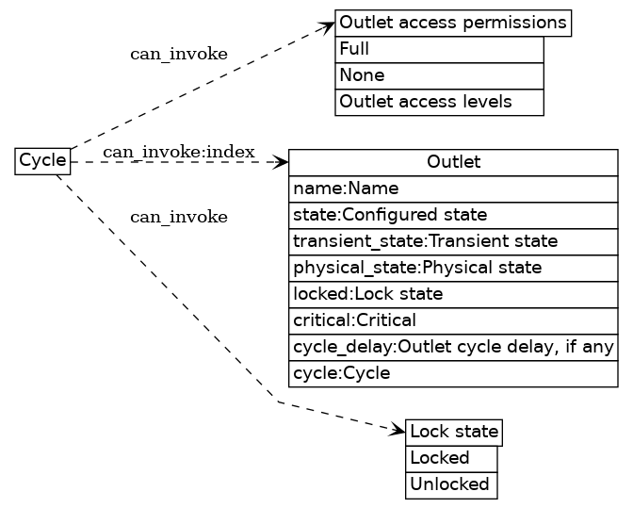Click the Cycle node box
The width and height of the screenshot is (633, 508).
pyautogui.click(x=42, y=161)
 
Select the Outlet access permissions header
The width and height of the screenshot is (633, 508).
pyautogui.click(x=452, y=23)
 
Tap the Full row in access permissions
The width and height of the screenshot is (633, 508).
pyautogui.click(x=439, y=49)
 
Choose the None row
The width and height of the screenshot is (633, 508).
pyautogui.click(x=439, y=75)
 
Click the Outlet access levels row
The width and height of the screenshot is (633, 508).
pyautogui.click(x=439, y=102)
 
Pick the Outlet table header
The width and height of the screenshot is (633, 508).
pyautogui.click(x=453, y=162)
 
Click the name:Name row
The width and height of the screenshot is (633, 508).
pyautogui.click(x=453, y=188)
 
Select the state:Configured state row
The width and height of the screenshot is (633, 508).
pyautogui.click(x=453, y=215)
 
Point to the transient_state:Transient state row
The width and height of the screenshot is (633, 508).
pyautogui.click(x=453, y=241)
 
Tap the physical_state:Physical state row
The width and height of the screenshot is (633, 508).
pyautogui.click(x=453, y=268)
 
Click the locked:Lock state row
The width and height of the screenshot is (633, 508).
pyautogui.click(x=453, y=294)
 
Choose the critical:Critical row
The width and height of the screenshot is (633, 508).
pyautogui.click(x=453, y=320)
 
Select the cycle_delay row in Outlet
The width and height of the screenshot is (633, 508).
pyautogui.click(x=453, y=348)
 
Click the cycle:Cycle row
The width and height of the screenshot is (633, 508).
pyautogui.click(x=453, y=374)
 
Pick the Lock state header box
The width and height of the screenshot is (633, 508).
pyautogui.click(x=453, y=433)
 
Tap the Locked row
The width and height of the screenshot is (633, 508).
pyautogui.click(x=450, y=458)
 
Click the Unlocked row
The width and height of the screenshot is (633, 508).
pyautogui.click(x=450, y=484)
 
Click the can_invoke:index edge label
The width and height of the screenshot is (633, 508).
pyautogui.click(x=178, y=152)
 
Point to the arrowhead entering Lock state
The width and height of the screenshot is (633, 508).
pyautogui.click(x=398, y=431)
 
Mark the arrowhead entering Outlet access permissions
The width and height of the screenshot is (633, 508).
pyautogui.click(x=328, y=25)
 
